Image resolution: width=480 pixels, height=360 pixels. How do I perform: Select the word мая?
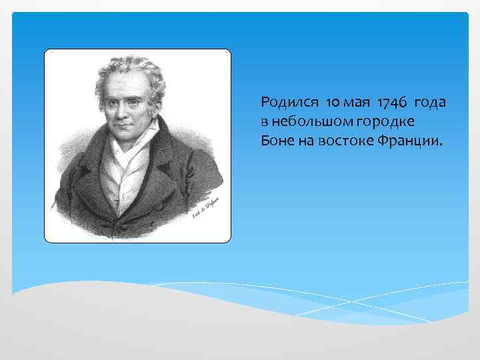click(359, 104)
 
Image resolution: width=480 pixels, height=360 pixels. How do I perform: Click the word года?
click(431, 103)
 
